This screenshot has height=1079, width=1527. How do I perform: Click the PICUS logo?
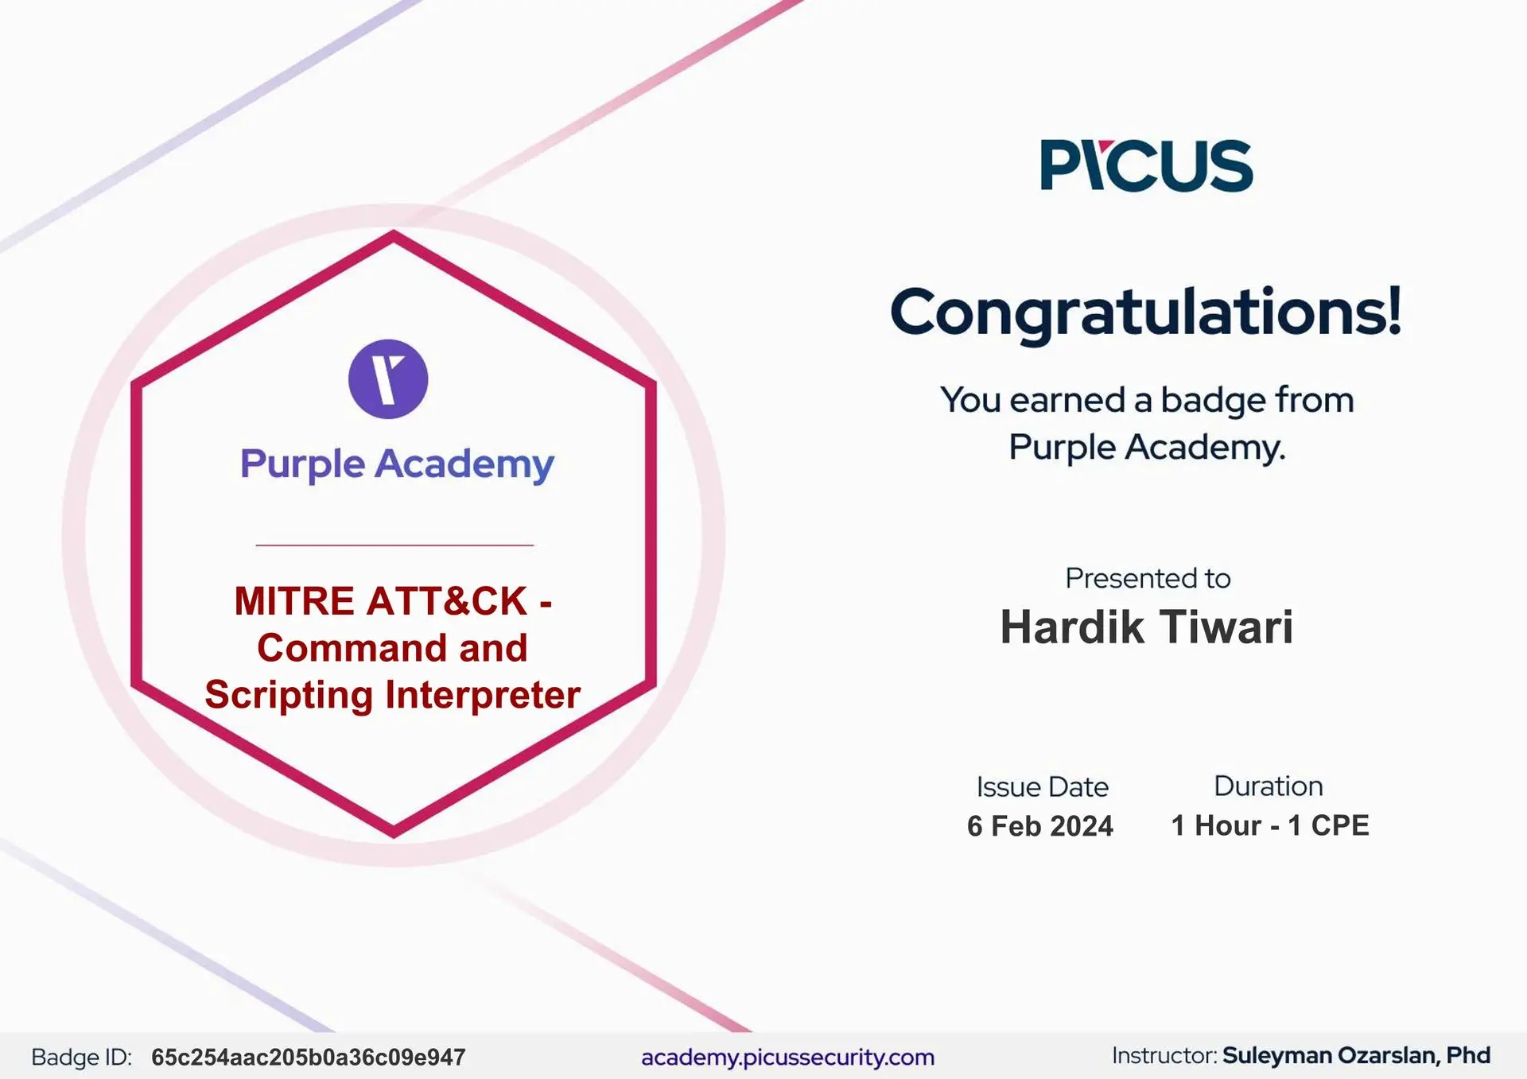[1146, 165]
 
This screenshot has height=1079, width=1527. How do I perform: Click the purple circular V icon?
[388, 378]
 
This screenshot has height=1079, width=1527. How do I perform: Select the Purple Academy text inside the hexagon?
[397, 464]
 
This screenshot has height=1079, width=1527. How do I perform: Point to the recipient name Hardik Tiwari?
[1147, 627]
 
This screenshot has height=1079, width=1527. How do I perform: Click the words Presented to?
[1148, 578]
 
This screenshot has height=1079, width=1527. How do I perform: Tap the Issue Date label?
[1042, 786]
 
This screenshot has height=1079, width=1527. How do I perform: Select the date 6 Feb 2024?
[1040, 826]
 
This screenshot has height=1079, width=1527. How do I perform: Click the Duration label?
[1269, 786]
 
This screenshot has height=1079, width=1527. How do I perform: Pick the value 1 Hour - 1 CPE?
[1270, 825]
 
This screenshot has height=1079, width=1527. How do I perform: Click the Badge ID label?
[81, 1058]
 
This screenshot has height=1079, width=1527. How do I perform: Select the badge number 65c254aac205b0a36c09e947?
[309, 1058]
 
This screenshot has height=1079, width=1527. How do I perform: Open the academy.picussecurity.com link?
[787, 1058]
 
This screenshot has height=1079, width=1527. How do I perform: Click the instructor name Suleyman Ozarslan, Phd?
[1356, 1055]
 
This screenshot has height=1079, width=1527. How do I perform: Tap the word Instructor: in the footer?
[1164, 1055]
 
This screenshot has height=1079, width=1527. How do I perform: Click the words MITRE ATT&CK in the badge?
[381, 601]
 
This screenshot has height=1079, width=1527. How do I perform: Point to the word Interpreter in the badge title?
[483, 695]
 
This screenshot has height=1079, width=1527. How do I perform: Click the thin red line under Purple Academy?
[394, 545]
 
